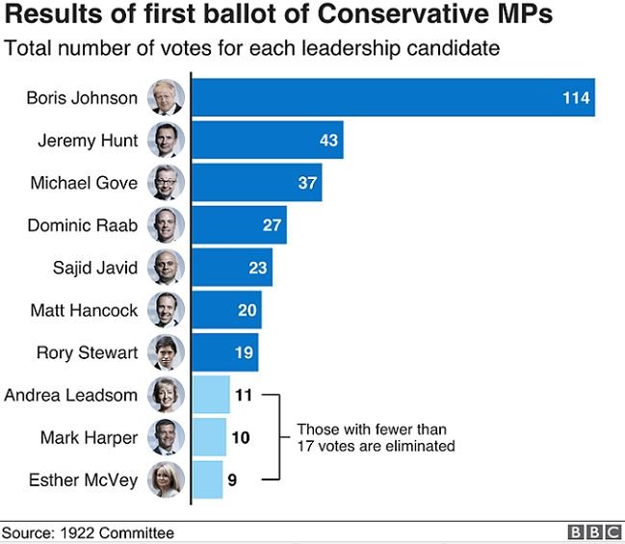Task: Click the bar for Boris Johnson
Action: tap(385, 98)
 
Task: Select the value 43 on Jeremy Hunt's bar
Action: tap(328, 141)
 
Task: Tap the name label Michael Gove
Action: tap(84, 183)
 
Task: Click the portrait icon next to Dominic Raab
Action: tap(166, 225)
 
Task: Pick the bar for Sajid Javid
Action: tap(231, 268)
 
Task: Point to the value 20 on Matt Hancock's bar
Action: tap(247, 310)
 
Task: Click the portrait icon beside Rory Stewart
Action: tap(166, 352)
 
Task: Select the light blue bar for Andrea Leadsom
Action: tap(210, 395)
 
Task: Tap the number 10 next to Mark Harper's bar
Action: tap(241, 437)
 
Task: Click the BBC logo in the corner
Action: tap(593, 532)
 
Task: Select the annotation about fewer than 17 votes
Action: tap(375, 437)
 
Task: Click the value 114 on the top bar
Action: tap(576, 98)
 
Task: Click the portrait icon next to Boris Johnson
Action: tap(166, 98)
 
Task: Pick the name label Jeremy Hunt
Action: tap(88, 141)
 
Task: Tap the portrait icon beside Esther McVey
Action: tap(166, 479)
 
